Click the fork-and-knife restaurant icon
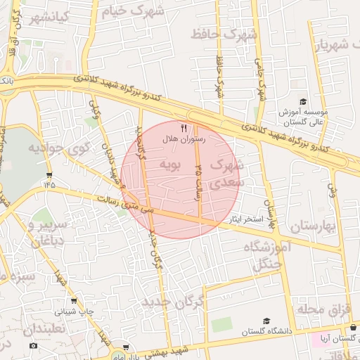[x=184, y=128]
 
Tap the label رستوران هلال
[x=184, y=139]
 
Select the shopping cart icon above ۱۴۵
[x=49, y=174]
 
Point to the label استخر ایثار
[x=245, y=220]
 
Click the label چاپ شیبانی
[x=75, y=310]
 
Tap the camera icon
[x=33, y=346]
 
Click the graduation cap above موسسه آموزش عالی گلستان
[x=303, y=102]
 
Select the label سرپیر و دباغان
[x=50, y=233]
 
